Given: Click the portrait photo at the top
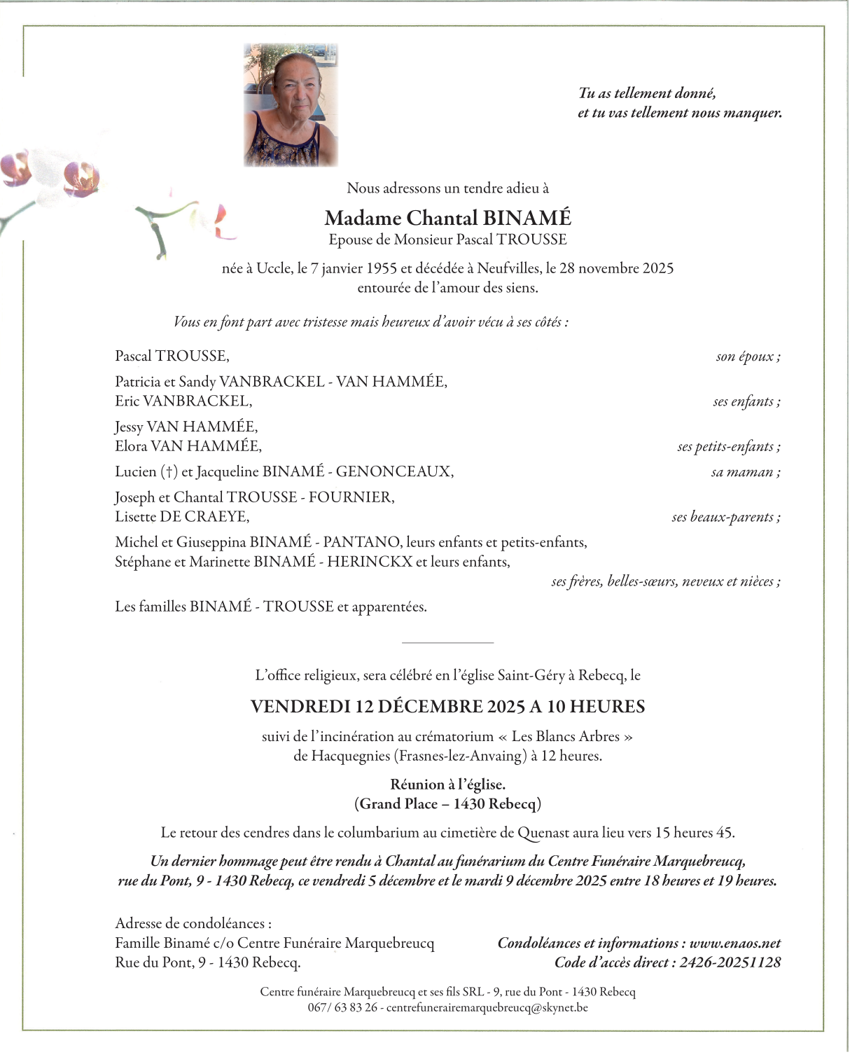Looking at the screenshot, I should pos(291,105).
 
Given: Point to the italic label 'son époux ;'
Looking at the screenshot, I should pos(748,357).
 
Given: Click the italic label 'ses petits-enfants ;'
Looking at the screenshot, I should pos(728,447).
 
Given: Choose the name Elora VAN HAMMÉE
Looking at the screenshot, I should pos(188,446).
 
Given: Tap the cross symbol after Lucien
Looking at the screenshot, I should pos(169,472).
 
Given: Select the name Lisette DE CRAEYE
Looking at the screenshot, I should pos(181,517).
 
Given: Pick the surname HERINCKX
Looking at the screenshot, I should pos(370,562).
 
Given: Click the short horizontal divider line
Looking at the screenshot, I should pos(447,642).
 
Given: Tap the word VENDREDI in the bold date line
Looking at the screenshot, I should pos(300,707).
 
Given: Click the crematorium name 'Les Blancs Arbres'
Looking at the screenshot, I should pos(566,737).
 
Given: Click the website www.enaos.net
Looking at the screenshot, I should pos(734,944).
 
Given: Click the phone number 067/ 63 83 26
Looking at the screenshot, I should pos(342,1008).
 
